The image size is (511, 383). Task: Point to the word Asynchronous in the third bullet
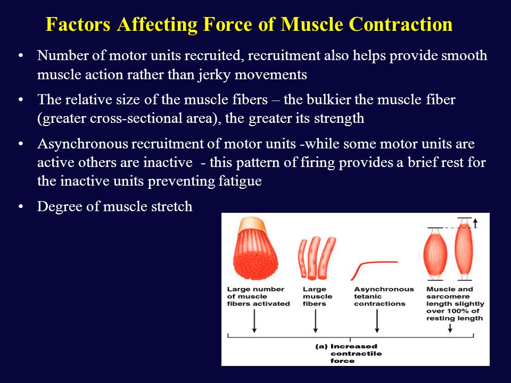click(83, 144)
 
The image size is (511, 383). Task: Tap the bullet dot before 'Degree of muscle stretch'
click(21, 206)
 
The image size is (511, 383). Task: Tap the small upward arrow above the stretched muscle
click(475, 223)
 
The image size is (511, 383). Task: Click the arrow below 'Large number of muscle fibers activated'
click(254, 321)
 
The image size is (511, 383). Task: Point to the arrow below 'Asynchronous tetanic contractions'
click(377, 321)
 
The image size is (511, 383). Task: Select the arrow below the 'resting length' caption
click(450, 328)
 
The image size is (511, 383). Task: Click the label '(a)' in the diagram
click(321, 346)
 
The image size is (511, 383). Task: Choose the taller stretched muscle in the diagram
click(464, 249)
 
